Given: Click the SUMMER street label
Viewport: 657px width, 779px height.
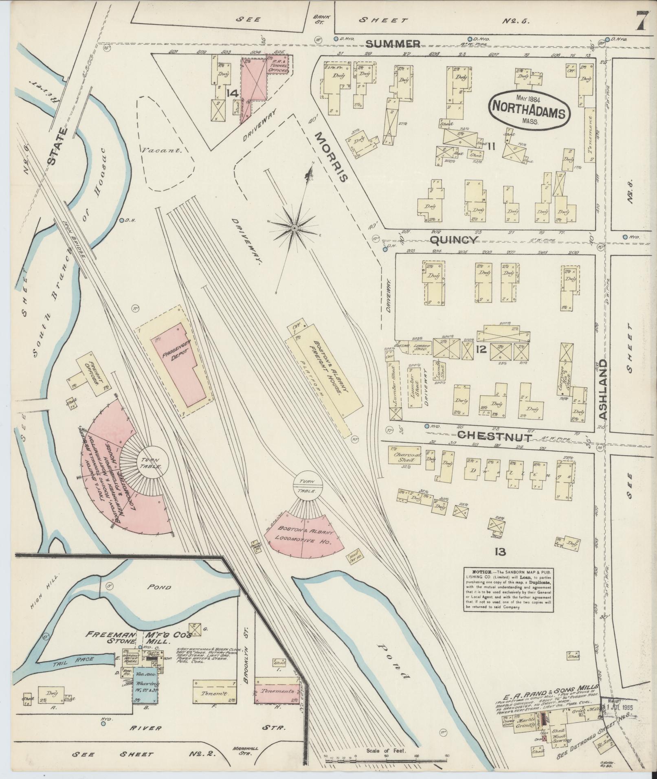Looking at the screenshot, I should pyautogui.click(x=393, y=44).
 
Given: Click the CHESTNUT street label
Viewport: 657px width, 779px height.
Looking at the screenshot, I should pyautogui.click(x=494, y=437).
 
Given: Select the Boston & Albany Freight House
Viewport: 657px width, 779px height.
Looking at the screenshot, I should pyautogui.click(x=324, y=369).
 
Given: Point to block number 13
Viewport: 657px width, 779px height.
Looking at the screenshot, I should pyautogui.click(x=500, y=552).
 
